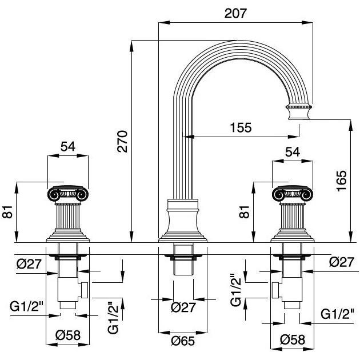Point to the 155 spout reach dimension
point(240,127)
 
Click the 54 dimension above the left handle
point(68,146)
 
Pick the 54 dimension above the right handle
point(293,152)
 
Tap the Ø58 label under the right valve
point(292,339)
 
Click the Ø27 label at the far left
point(27,264)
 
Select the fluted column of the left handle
point(68,218)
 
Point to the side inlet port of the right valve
point(277,291)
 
